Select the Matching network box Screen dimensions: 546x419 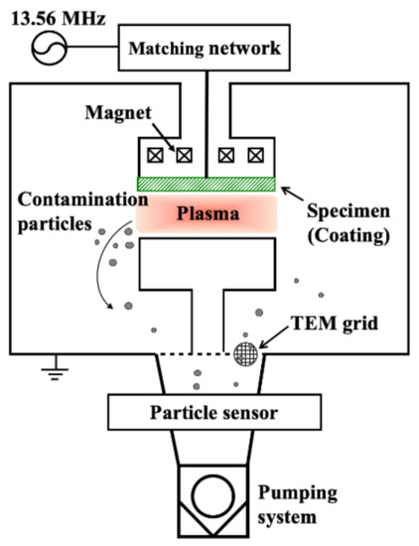tap(208, 48)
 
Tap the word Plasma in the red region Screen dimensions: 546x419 tap(206, 211)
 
